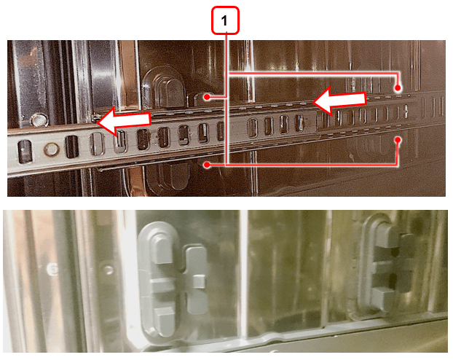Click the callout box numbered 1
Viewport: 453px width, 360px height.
coord(225,20)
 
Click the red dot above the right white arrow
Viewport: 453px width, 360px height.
coord(398,87)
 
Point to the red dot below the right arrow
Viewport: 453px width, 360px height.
coord(398,140)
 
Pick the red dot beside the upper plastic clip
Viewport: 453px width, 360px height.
coord(207,97)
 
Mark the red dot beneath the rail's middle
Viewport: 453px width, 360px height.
coord(207,165)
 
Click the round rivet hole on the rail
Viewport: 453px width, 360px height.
coord(52,149)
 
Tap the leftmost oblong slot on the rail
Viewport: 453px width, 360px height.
coord(25,151)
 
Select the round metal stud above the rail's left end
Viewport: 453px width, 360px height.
coord(39,120)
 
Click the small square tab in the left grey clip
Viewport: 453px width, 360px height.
coord(200,282)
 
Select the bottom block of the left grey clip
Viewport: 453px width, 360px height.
coord(164,321)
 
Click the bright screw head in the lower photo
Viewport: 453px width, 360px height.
coord(53,269)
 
